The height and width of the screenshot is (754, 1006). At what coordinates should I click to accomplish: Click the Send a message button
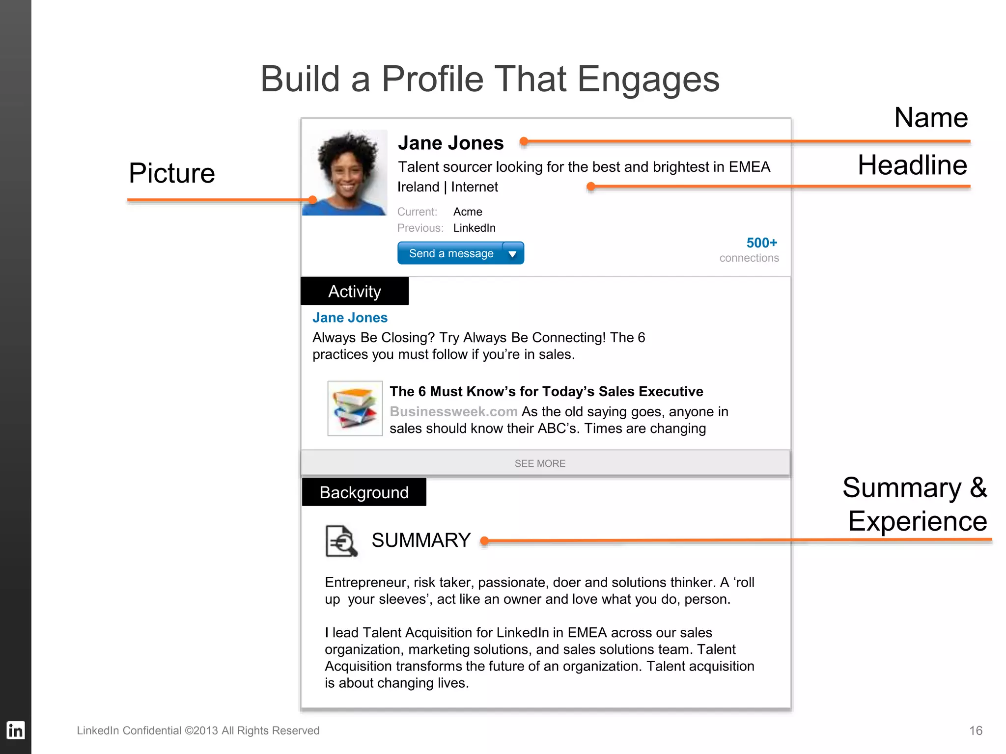pyautogui.click(x=450, y=253)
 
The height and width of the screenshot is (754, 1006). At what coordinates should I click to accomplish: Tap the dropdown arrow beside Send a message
pyautogui.click(x=512, y=254)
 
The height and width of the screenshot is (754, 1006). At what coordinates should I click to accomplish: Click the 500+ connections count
pyautogui.click(x=761, y=243)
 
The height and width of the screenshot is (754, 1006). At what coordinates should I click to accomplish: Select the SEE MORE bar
pyautogui.click(x=540, y=463)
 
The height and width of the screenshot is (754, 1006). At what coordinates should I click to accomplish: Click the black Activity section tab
pyautogui.click(x=354, y=291)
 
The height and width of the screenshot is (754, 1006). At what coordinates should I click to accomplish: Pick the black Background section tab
pyautogui.click(x=364, y=492)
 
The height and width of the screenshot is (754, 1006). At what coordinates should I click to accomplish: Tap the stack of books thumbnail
pyautogui.click(x=355, y=408)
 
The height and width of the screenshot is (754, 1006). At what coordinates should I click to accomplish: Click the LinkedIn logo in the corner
pyautogui.click(x=15, y=730)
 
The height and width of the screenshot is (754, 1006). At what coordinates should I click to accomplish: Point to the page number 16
pyautogui.click(x=976, y=730)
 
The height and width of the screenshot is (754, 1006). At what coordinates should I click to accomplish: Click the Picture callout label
pyautogui.click(x=172, y=173)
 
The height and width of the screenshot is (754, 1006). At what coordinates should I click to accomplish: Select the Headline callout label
pyautogui.click(x=912, y=165)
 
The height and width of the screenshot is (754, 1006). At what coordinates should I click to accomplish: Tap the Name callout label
pyautogui.click(x=931, y=118)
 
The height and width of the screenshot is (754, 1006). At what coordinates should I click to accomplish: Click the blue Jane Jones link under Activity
pyautogui.click(x=350, y=318)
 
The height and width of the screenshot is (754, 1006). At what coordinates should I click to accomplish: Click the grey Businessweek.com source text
pyautogui.click(x=453, y=411)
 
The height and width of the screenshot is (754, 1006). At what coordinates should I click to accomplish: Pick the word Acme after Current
pyautogui.click(x=468, y=212)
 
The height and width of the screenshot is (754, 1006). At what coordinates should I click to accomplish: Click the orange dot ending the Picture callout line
pyautogui.click(x=312, y=200)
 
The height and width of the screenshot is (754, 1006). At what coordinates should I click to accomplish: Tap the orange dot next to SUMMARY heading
pyautogui.click(x=484, y=541)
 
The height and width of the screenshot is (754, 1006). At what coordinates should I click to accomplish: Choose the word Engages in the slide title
pyautogui.click(x=648, y=79)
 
